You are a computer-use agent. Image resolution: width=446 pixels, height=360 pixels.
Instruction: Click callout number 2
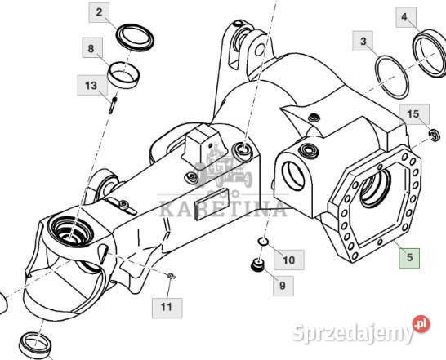pos(99,12)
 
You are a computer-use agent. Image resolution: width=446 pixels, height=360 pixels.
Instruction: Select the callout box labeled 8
pos(92,48)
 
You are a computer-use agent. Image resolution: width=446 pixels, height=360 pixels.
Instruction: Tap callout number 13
pos(92,85)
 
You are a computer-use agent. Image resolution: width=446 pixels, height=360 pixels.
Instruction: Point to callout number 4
pos(406,17)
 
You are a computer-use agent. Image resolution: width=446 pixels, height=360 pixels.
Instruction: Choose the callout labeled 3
pos(363,42)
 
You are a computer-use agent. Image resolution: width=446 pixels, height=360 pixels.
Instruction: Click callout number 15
pos(414,114)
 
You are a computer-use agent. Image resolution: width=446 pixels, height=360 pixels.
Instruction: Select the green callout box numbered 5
pos(409,258)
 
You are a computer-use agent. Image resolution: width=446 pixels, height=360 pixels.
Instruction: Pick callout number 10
pos(289,260)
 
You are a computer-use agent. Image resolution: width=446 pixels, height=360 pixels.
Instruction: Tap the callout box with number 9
pos(283,286)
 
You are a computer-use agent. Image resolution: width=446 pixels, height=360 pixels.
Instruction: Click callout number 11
pos(167,308)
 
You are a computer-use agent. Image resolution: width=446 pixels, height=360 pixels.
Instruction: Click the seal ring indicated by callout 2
pos(135,38)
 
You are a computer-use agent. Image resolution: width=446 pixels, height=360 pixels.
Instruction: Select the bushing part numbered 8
pos(123,75)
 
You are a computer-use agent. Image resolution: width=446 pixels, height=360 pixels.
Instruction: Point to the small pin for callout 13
pos(113,105)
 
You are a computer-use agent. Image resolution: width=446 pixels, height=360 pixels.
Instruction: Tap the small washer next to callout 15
pos(435,135)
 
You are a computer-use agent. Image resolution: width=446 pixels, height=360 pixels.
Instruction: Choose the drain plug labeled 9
pos(258,264)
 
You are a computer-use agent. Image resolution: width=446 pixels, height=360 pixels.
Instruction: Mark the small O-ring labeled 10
pos(263,242)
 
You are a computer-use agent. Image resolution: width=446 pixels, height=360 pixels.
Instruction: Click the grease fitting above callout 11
pos(172,276)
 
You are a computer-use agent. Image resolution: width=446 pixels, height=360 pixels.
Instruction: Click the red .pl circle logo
pos(421,324)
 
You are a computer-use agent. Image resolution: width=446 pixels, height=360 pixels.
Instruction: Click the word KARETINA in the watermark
pos(223,209)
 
